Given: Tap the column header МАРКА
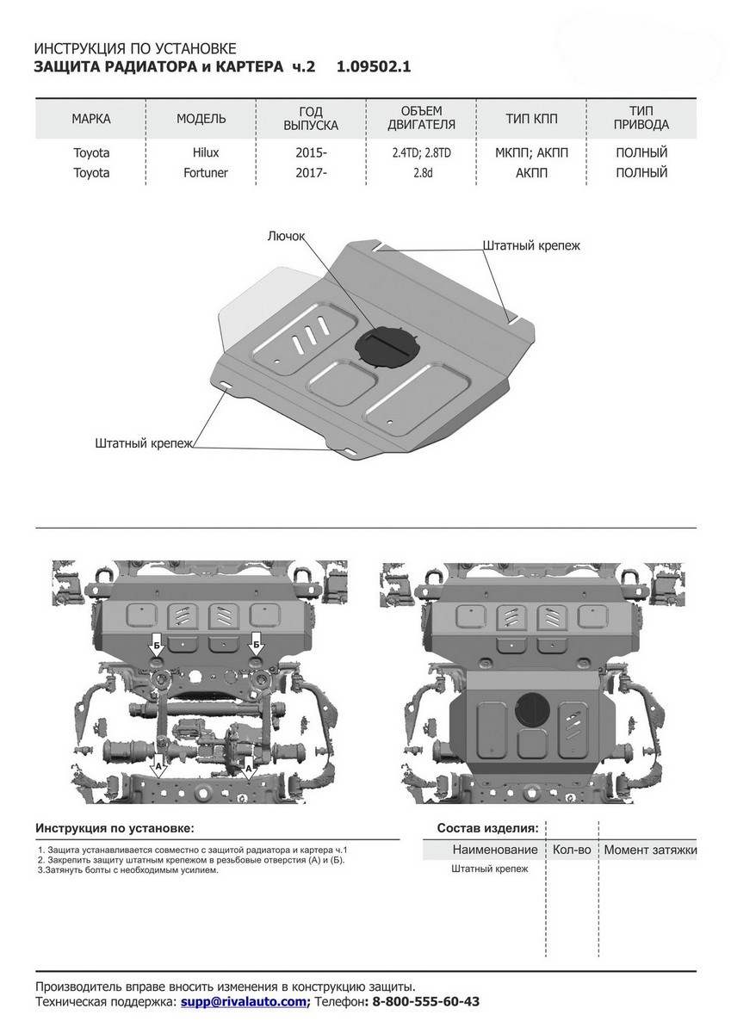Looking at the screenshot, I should coord(90,118).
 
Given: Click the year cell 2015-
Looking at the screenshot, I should coord(311,152).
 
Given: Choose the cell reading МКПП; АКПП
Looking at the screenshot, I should coord(531,152).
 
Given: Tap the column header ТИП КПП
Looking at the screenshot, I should coord(531,118).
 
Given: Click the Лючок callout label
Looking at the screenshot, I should coord(288,233).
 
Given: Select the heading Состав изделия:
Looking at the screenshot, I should coord(487,828).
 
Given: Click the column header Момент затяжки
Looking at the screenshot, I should coord(650,850).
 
